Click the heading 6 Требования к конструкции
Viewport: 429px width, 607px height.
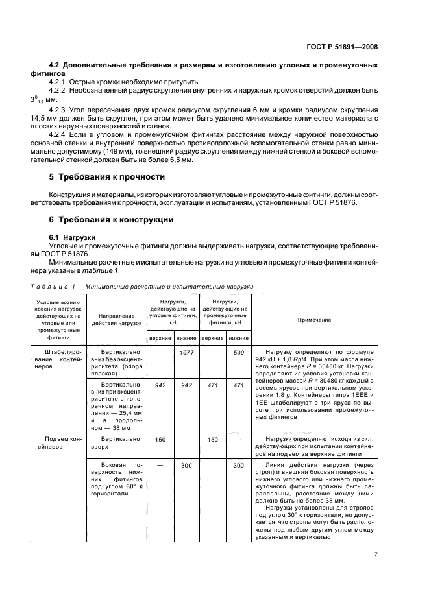click(x=112, y=220)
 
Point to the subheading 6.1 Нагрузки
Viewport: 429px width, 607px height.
click(x=72, y=237)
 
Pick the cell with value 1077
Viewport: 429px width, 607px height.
click(x=186, y=351)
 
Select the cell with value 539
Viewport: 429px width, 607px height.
click(x=238, y=351)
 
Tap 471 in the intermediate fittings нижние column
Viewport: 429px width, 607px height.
click(x=238, y=385)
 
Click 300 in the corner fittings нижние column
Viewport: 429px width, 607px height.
click(x=186, y=465)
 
